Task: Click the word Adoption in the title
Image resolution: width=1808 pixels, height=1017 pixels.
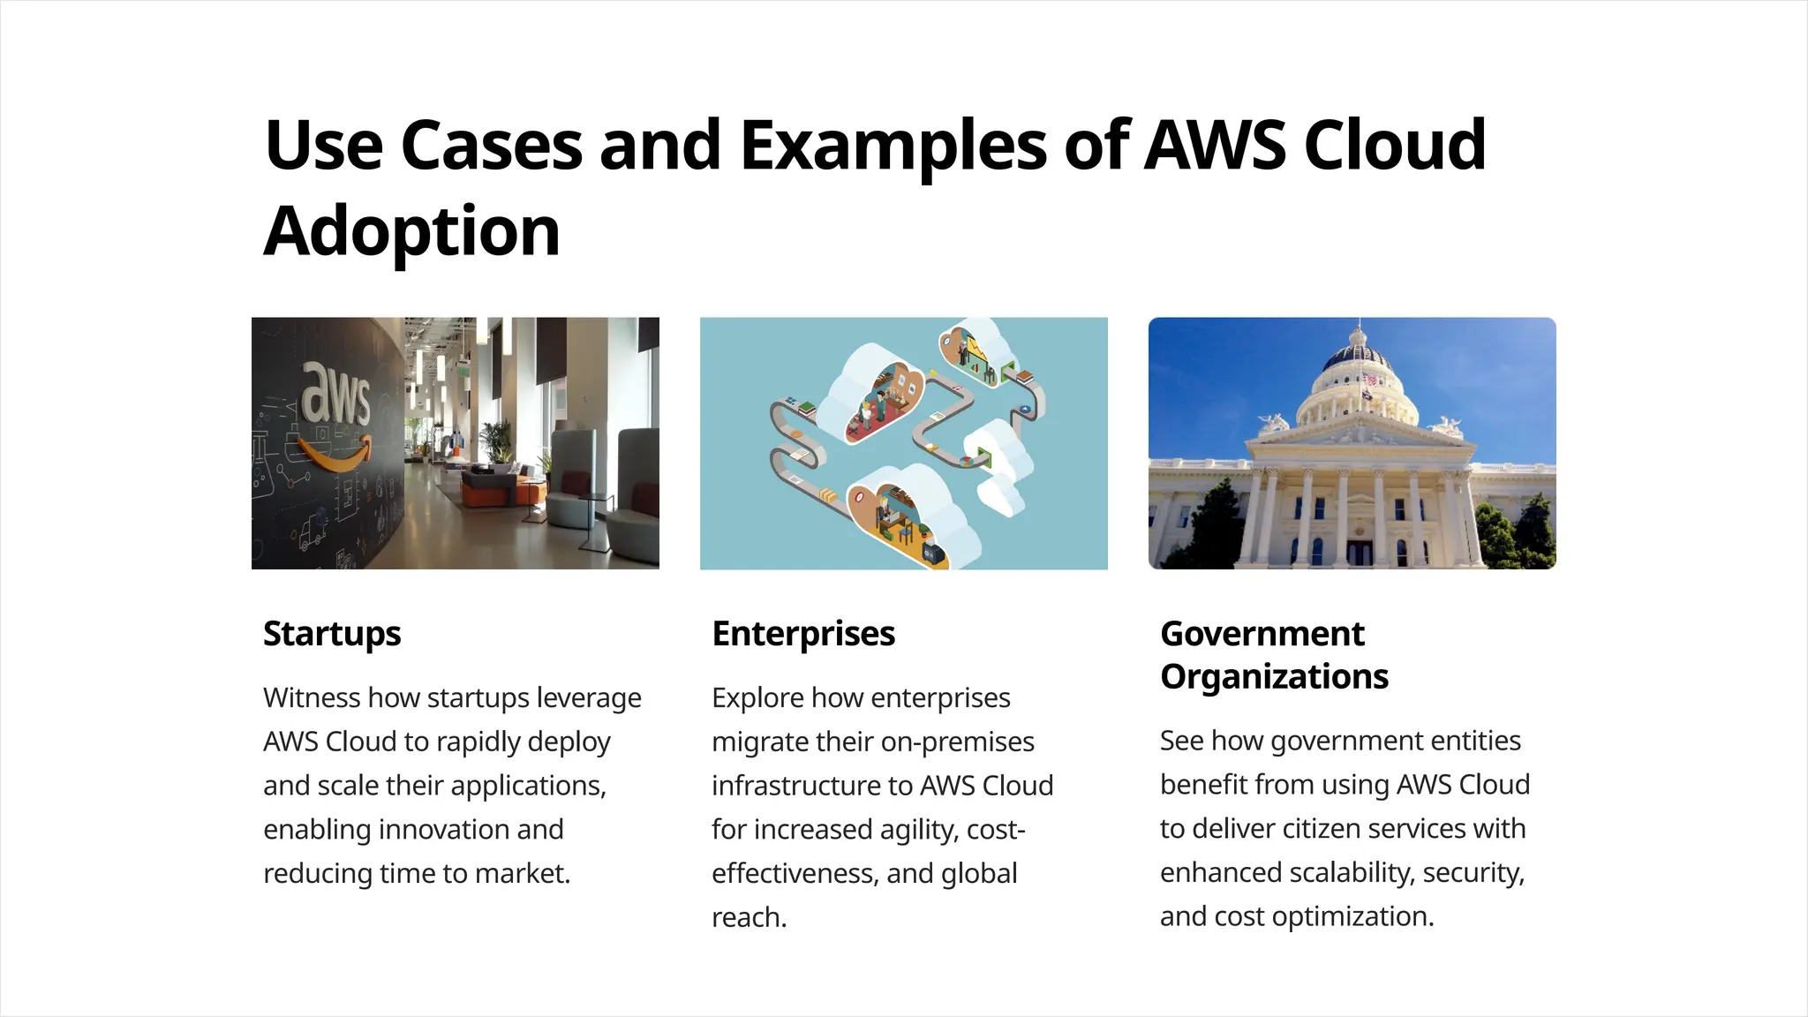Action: coord(411,231)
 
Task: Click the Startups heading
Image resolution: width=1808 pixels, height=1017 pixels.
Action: coord(332,634)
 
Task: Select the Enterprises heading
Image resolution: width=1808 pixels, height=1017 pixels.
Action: coord(803,634)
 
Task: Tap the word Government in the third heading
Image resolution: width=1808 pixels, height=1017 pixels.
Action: coord(1262,634)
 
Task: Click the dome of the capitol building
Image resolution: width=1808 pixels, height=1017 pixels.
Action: coord(1357,358)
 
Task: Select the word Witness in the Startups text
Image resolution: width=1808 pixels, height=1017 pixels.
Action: coord(312,697)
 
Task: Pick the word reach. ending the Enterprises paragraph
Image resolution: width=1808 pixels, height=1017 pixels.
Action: coord(749,917)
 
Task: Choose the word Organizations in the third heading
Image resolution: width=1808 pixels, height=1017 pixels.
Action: coord(1274,677)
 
